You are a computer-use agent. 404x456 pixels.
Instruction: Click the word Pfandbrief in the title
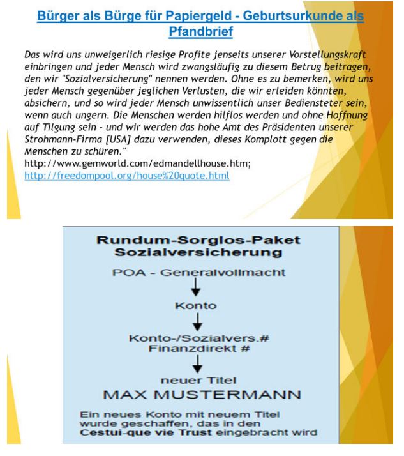point(202,30)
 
